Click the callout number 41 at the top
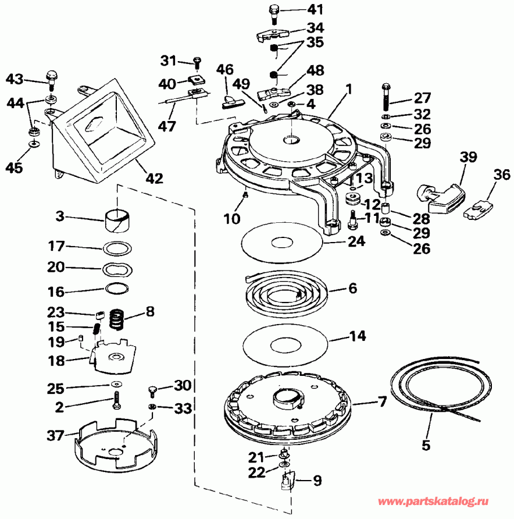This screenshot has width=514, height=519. click(299, 9)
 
